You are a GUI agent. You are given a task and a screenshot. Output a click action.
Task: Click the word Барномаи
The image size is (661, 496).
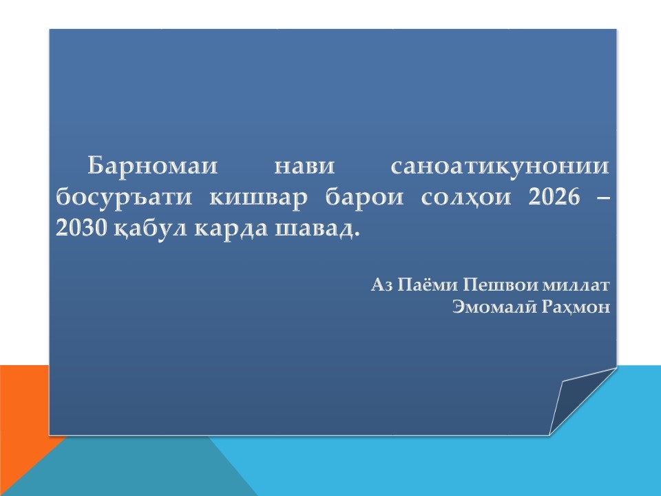153,165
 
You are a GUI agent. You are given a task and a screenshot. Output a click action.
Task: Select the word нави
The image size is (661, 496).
304,166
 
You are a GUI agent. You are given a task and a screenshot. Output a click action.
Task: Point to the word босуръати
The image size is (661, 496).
124,198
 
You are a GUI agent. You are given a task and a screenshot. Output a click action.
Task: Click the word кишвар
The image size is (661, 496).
258,198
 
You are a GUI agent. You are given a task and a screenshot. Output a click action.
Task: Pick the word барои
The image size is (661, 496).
364,198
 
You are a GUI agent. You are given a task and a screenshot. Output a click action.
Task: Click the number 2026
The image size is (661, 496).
554,196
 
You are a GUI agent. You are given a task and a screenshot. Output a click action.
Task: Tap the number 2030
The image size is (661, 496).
81,228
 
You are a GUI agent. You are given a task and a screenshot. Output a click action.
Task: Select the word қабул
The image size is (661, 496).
150,229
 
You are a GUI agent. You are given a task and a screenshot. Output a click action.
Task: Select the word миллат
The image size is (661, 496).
576,285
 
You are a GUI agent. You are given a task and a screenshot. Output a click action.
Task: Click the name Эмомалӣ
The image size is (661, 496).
494,307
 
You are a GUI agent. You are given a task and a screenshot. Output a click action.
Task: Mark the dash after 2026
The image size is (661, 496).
603,198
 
